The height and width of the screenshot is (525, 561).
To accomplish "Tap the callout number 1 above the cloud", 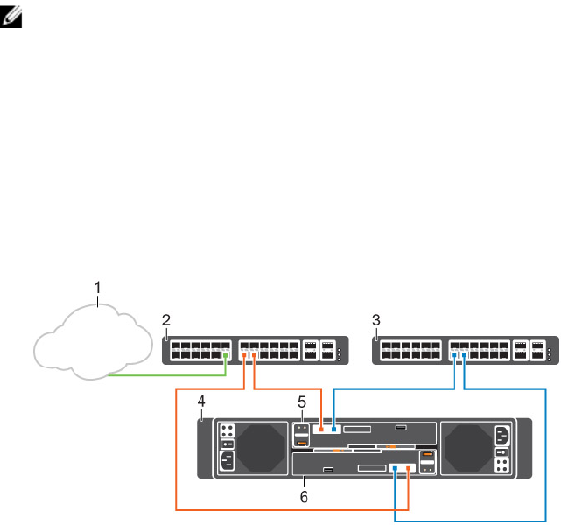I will [x=98, y=286].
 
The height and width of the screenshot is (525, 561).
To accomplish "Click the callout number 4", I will [x=201, y=401].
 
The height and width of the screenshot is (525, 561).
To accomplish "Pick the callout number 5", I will [x=301, y=402].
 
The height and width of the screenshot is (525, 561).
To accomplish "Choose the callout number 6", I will [x=304, y=495].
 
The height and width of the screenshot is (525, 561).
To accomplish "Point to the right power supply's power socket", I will [x=501, y=435].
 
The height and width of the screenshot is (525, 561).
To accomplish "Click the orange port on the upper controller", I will [x=323, y=430].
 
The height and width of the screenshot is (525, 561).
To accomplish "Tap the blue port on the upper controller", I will [x=335, y=430].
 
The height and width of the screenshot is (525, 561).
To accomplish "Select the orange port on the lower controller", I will [x=409, y=468].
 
